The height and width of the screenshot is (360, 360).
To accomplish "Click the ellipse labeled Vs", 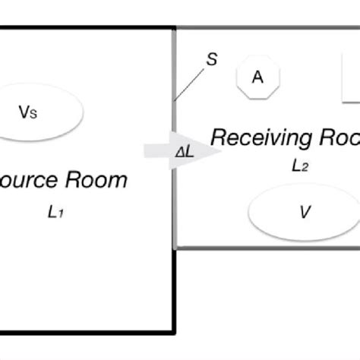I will pos(38,112).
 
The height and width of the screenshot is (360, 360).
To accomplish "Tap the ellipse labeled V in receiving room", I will pos(304,212).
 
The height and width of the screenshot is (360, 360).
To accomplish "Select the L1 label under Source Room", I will pos(55,213).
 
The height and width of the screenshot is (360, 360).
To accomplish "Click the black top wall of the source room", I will pos(87,29).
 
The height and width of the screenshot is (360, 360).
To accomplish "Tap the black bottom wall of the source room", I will pos(87,331).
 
